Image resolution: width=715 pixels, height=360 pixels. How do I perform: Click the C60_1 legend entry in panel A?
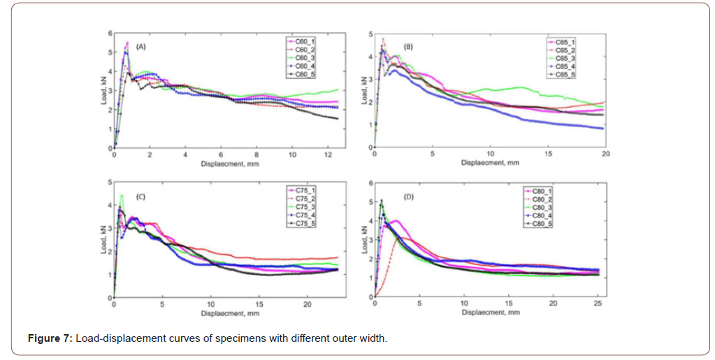[305, 42]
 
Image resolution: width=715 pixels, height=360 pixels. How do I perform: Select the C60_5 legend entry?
[305, 73]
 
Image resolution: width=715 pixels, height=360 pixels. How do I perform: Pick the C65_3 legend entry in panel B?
[565, 59]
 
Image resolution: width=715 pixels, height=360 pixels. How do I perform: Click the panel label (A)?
[141, 47]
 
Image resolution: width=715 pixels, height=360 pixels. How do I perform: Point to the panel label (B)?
[408, 47]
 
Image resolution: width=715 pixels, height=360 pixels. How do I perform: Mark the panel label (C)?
[140, 198]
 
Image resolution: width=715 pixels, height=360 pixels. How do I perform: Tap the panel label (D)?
[408, 198]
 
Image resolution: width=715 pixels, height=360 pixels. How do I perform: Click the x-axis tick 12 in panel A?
[328, 154]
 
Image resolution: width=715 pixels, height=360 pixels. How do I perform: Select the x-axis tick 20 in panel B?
[605, 154]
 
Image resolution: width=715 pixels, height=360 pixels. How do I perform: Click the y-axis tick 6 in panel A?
[109, 33]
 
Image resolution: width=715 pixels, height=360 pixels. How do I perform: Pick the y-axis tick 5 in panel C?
[109, 183]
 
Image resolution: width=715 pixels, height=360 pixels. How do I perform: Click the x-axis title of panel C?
[229, 312]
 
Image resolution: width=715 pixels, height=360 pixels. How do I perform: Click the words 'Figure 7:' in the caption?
[50, 339]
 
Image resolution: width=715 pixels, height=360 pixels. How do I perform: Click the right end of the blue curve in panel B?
[603, 129]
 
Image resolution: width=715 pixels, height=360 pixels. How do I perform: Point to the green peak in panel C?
[122, 195]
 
